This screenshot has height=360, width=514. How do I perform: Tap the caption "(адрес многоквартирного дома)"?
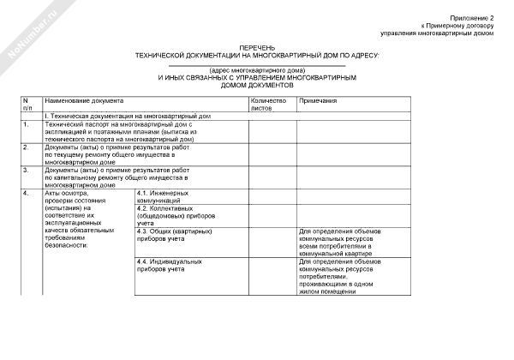[257, 69]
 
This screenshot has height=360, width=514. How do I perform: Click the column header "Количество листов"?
[268, 105]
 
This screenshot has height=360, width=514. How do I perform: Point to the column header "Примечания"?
[317, 100]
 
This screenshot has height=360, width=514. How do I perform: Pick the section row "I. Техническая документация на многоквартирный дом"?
[128, 115]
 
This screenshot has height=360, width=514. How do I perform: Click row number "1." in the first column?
[27, 124]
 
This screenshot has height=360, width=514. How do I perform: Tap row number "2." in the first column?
[27, 147]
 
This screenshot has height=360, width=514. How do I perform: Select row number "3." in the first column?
[27, 170]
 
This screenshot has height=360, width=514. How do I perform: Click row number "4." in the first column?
[27, 193]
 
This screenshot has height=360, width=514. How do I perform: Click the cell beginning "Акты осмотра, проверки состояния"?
[78, 219]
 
